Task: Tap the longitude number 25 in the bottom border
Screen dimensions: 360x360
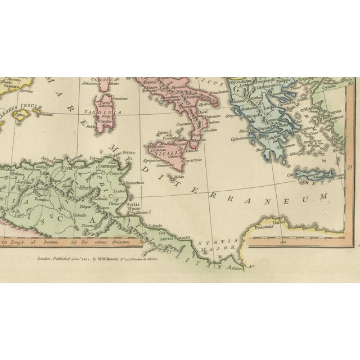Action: (74, 242)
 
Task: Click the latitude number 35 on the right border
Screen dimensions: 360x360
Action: (350, 167)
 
